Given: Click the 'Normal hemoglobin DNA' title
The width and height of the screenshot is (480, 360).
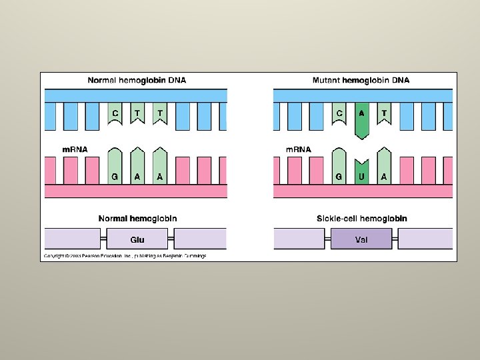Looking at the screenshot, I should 137,81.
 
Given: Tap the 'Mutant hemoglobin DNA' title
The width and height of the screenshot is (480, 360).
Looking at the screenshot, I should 361,81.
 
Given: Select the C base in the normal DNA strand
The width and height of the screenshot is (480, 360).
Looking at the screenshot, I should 115,114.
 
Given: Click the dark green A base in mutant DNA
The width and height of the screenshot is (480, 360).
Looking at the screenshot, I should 361,118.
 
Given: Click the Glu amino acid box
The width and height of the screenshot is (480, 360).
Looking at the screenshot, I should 137,239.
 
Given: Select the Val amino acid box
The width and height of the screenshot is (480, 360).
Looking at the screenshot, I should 361,239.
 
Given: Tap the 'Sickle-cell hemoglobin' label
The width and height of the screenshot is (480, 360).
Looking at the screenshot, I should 361,219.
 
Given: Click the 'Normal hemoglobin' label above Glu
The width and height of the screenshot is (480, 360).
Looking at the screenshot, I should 137,219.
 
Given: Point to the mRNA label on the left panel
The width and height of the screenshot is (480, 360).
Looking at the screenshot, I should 75,149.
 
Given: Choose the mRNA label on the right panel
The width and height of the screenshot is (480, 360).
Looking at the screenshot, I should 299,149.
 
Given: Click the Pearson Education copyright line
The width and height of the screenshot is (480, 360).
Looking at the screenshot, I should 125,255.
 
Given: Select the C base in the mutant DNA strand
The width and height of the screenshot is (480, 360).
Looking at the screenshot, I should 339,114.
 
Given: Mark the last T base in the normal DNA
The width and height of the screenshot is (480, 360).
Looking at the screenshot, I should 160,114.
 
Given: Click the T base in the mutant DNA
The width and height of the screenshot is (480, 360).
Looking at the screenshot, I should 384,114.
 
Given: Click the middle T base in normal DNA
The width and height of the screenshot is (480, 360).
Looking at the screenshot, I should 137,114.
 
